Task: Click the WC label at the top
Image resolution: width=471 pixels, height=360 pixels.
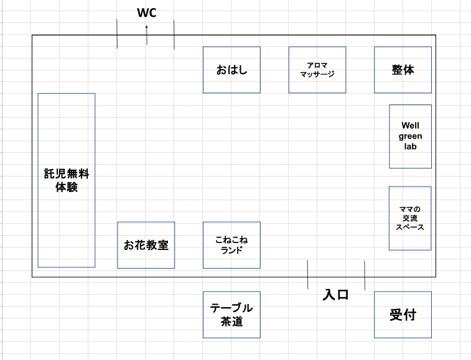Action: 147,13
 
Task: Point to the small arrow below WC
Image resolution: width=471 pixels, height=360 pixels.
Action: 147,35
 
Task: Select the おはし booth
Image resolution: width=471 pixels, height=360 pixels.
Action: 231,70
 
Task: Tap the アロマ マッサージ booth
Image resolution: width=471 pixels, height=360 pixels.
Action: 317,70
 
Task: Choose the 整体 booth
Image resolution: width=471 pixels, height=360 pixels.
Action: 403,70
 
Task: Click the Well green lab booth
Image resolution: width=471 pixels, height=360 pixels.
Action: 410,136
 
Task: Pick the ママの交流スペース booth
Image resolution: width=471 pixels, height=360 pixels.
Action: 410,218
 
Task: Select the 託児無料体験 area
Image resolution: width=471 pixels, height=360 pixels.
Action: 67,180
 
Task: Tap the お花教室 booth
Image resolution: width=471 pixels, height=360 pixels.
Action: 146,245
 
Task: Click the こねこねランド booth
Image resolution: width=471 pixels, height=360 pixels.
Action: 231,245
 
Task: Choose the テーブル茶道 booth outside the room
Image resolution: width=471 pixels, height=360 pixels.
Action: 231,315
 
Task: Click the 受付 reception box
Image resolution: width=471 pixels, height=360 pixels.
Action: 403,315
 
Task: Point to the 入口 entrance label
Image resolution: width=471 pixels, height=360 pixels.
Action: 335,295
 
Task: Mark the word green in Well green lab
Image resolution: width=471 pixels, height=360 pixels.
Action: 410,137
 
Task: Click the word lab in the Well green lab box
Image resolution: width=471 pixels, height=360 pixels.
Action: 410,147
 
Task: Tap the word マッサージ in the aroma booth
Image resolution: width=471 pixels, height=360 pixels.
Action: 317,74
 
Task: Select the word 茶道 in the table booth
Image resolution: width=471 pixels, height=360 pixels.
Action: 231,321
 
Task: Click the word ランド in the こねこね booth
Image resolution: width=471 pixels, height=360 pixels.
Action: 231,250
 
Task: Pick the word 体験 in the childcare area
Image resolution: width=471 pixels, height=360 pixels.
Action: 67,187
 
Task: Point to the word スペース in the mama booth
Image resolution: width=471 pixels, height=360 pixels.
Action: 410,227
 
